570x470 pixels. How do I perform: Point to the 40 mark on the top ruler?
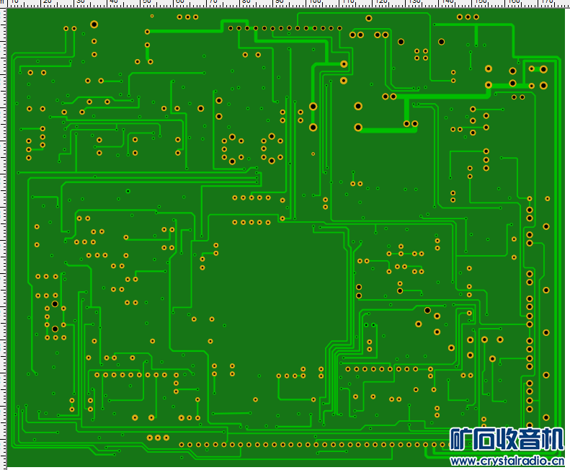pyautogui.click(x=114, y=2)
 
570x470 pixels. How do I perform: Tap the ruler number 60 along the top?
pyautogui.click(x=180, y=2)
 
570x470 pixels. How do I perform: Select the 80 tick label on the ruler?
pyautogui.click(x=246, y=2)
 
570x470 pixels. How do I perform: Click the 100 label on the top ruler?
pyautogui.click(x=314, y=2)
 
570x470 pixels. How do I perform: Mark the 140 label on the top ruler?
pyautogui.click(x=447, y=2)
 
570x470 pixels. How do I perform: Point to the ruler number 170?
pyautogui.click(x=548, y=2)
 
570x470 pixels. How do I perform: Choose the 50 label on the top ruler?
pyautogui.click(x=147, y=2)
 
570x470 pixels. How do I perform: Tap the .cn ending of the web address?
pyautogui.click(x=557, y=461)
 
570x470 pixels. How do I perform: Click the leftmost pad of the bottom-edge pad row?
pyautogui.click(x=181, y=445)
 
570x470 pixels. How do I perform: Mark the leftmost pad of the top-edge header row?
pyautogui.click(x=231, y=29)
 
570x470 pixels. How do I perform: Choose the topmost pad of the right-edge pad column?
pyautogui.click(x=530, y=198)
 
